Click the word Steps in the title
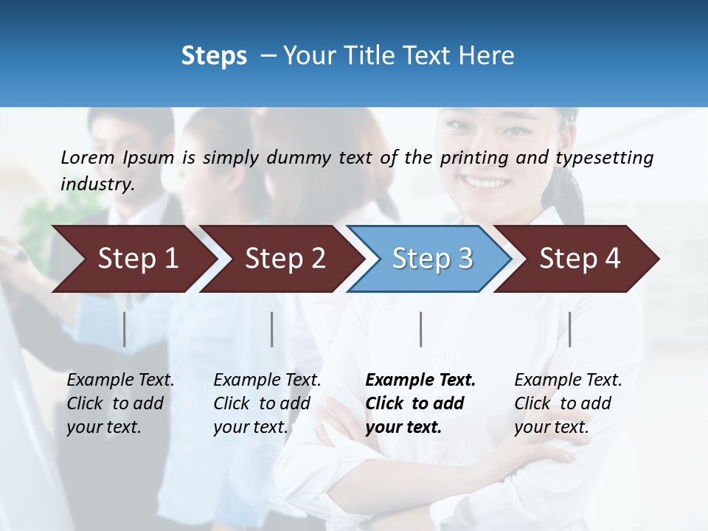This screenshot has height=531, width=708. click(214, 56)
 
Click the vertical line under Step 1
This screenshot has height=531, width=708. click(125, 329)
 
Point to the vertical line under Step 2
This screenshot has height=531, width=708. click(272, 329)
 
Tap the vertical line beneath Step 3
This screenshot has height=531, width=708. click(421, 329)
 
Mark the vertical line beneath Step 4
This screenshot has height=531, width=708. click(570, 329)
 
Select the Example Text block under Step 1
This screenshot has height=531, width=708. click(120, 403)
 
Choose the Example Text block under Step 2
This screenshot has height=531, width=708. click(267, 403)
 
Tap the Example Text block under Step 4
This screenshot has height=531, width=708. click(568, 403)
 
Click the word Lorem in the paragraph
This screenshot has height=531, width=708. click(88, 157)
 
